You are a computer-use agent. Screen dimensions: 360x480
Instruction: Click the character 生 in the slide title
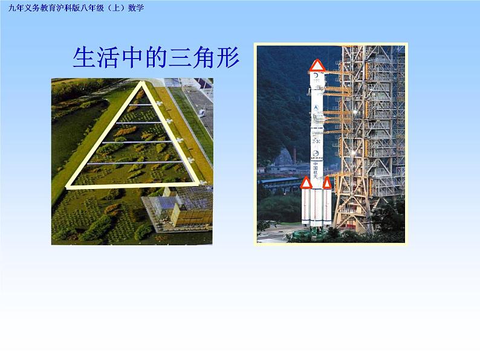(x=83, y=58)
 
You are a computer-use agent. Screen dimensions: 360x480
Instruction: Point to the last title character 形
(x=228, y=58)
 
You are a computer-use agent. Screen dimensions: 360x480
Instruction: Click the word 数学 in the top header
(x=137, y=8)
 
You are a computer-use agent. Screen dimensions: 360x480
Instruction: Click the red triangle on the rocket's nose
(x=317, y=65)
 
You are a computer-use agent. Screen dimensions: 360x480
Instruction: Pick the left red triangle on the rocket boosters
(x=306, y=182)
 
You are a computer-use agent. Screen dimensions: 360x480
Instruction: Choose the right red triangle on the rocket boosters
(x=327, y=182)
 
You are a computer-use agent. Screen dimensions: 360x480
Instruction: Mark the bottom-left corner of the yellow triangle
(x=68, y=186)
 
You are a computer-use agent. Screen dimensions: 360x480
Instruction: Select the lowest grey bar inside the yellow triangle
(x=133, y=162)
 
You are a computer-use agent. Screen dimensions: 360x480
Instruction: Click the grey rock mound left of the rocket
(x=281, y=158)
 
